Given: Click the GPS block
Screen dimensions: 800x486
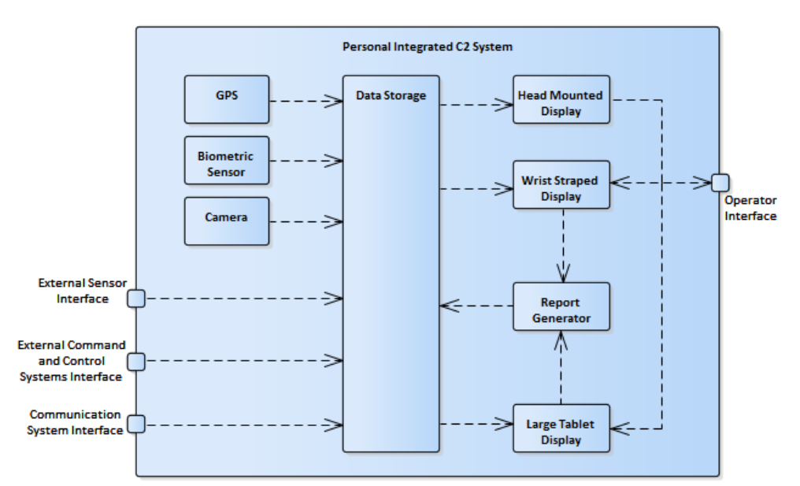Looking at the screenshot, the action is point(227,99).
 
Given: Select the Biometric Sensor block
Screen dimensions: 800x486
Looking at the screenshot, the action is point(227,161).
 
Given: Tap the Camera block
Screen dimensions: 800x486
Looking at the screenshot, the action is point(227,221).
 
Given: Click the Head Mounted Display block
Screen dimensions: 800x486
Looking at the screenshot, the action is point(561,99).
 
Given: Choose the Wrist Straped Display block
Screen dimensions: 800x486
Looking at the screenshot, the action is point(561,185).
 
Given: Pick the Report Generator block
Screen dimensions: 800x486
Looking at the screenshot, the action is point(561,306).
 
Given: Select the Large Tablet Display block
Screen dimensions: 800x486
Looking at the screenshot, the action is point(561,428).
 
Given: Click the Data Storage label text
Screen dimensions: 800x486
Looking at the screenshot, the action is point(391,95).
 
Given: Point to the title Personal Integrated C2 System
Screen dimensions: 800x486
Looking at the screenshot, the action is point(428,47).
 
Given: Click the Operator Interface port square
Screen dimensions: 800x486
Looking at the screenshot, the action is point(720,182).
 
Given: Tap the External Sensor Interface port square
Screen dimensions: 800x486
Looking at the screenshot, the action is point(136,299).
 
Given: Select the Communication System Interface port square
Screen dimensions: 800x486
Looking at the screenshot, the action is point(136,425).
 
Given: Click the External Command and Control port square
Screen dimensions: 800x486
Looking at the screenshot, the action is point(136,362).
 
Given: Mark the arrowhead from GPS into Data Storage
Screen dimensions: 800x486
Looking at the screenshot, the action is point(334,101).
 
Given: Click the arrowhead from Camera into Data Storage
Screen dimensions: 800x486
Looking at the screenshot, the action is point(334,221).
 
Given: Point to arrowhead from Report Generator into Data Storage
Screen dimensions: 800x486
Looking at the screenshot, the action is point(450,306).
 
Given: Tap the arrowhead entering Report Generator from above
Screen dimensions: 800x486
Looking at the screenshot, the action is point(563,273).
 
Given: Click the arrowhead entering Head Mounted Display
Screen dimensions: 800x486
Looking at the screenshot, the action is point(504,106).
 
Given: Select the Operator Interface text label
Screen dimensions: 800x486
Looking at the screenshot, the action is point(750,208).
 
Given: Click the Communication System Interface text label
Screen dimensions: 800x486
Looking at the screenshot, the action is point(75,422).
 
